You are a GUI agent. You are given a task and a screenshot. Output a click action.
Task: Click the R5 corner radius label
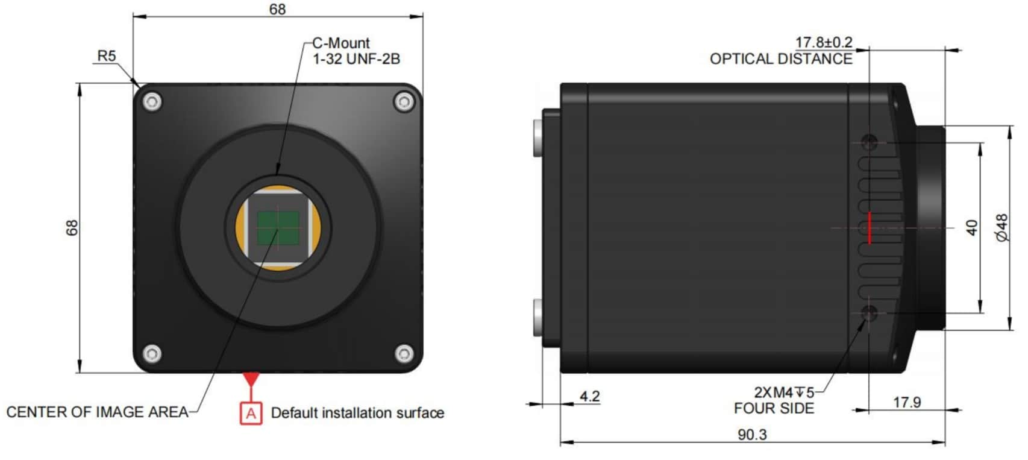[107, 56]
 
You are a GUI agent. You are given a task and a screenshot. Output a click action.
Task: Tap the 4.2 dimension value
[590, 396]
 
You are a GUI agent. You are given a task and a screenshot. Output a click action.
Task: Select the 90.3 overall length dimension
[752, 434]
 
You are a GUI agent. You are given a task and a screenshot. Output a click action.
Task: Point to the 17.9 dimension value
[907, 403]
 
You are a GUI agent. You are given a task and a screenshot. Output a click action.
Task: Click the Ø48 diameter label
[1003, 227]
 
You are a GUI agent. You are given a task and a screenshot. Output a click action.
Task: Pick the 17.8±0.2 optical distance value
[824, 42]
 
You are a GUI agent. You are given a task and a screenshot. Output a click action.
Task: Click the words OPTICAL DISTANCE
[781, 58]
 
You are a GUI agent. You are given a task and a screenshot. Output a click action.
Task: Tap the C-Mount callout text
[341, 43]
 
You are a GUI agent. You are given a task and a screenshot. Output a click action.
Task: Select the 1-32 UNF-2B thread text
[357, 58]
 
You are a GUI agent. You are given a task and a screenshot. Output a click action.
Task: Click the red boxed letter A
[251, 414]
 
